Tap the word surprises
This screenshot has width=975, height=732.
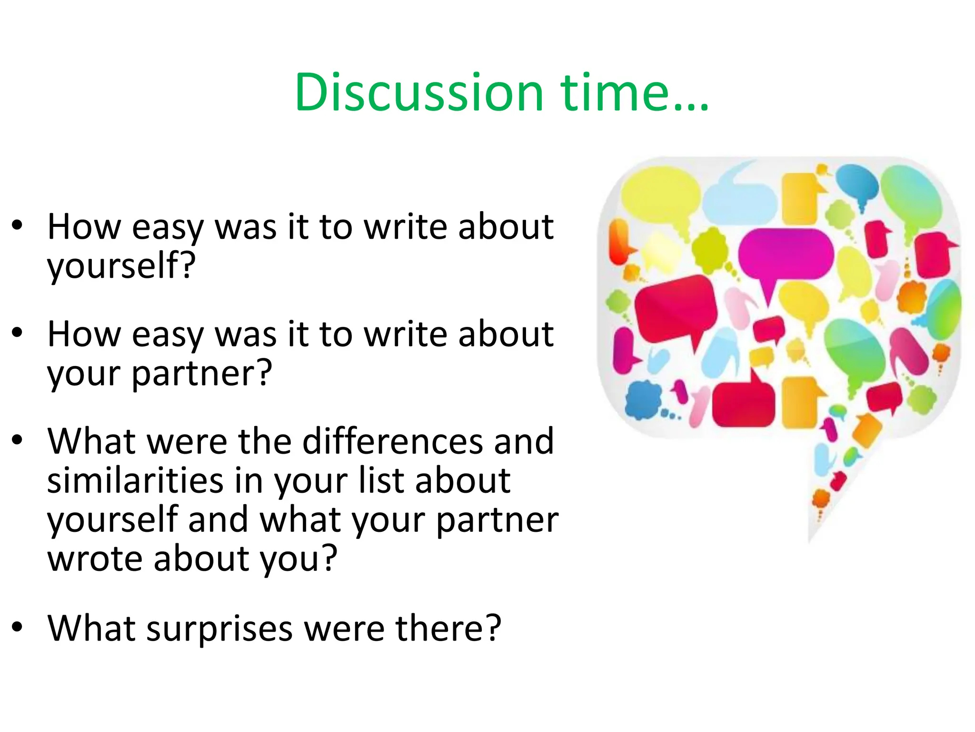click(219, 628)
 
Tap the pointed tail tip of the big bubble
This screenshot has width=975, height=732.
click(809, 541)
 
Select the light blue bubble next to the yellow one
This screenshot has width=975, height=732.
click(740, 200)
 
